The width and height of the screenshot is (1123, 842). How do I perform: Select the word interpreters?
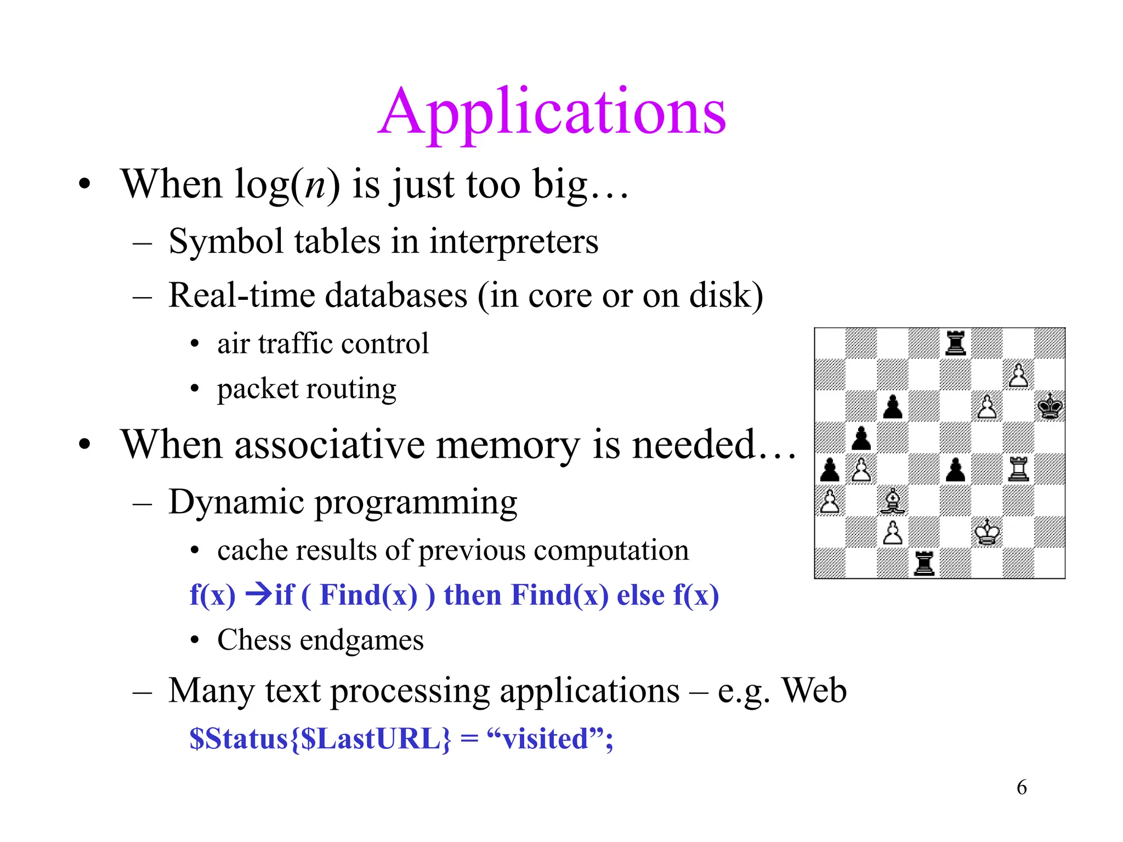[513, 242]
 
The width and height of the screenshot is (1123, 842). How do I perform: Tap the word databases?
[396, 295]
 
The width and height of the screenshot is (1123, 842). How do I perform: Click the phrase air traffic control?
[322, 344]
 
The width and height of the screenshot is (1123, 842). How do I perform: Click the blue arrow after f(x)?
[258, 594]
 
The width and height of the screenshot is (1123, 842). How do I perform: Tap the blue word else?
[640, 595]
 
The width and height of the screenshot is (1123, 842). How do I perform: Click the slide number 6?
[1022, 787]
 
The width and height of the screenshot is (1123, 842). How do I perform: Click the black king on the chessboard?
[1050, 407]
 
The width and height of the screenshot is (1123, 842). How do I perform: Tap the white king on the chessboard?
[987, 532]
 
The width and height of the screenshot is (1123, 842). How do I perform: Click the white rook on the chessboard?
[1018, 469]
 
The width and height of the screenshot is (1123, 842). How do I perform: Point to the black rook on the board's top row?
[956, 343]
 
